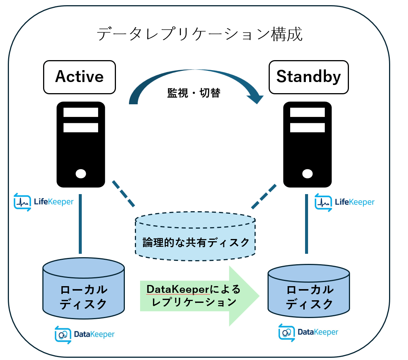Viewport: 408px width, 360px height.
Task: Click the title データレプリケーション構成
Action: pos(200,34)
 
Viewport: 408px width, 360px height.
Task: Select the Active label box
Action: pos(80,77)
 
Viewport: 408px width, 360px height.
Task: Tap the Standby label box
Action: pos(308,77)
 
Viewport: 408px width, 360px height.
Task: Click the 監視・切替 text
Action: pos(194,93)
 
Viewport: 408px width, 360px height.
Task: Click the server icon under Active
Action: pos(81,145)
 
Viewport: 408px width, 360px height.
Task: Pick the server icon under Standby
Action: pos(307,145)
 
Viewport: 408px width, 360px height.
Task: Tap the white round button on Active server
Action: pos(81,173)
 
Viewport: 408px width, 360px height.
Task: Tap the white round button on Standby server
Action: pos(307,173)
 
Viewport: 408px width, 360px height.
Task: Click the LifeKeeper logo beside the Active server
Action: pos(43,202)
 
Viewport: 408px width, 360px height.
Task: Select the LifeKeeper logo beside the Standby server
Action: pos(344,202)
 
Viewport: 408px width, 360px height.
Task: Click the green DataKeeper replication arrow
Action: pos(199,296)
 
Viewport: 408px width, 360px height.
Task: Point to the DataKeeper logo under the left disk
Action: pos(85,334)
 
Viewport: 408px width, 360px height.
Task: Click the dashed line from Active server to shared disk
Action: pos(123,193)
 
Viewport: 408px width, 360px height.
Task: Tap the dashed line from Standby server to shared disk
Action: pos(264,196)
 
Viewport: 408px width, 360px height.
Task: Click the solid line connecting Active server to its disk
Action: pos(80,224)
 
